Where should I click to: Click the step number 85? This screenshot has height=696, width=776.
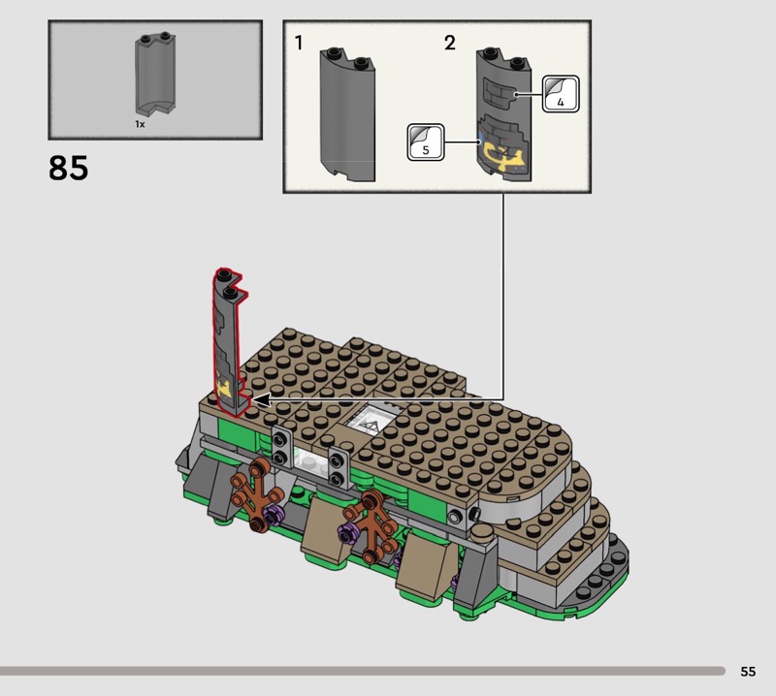pos(68,168)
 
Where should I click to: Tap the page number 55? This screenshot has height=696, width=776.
pos(748,671)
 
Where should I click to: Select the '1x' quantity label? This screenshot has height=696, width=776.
pos(140,124)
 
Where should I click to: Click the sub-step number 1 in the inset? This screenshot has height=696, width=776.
pos(299,43)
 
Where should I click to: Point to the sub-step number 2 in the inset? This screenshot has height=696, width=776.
pos(449,43)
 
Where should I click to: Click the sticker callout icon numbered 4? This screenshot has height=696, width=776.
pos(561,93)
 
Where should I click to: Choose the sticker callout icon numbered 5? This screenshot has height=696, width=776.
pos(426,142)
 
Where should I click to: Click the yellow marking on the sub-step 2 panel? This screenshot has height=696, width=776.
pos(502,155)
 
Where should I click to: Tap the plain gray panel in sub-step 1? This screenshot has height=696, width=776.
pos(347,114)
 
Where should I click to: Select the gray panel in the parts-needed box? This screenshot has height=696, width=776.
pos(155,75)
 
